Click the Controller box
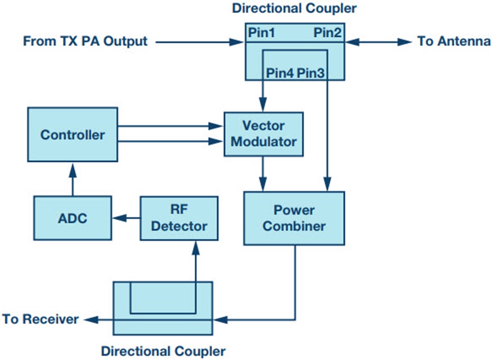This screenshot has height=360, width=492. (x=73, y=135)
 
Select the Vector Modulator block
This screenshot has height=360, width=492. (x=263, y=134)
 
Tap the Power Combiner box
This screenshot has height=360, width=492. (x=294, y=218)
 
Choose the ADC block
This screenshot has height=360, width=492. (x=73, y=218)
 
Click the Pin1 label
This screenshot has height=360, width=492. (x=262, y=32)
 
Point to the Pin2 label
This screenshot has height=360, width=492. (x=327, y=32)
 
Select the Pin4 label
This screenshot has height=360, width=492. (x=280, y=73)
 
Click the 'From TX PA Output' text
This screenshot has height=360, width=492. (x=85, y=41)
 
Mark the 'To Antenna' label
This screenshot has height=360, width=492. (x=454, y=41)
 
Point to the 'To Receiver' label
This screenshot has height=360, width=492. (x=40, y=319)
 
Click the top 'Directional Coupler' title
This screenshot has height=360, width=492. (x=294, y=8)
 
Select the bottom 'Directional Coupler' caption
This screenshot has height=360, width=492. (x=163, y=350)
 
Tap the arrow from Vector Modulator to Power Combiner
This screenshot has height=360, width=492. (x=263, y=174)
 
